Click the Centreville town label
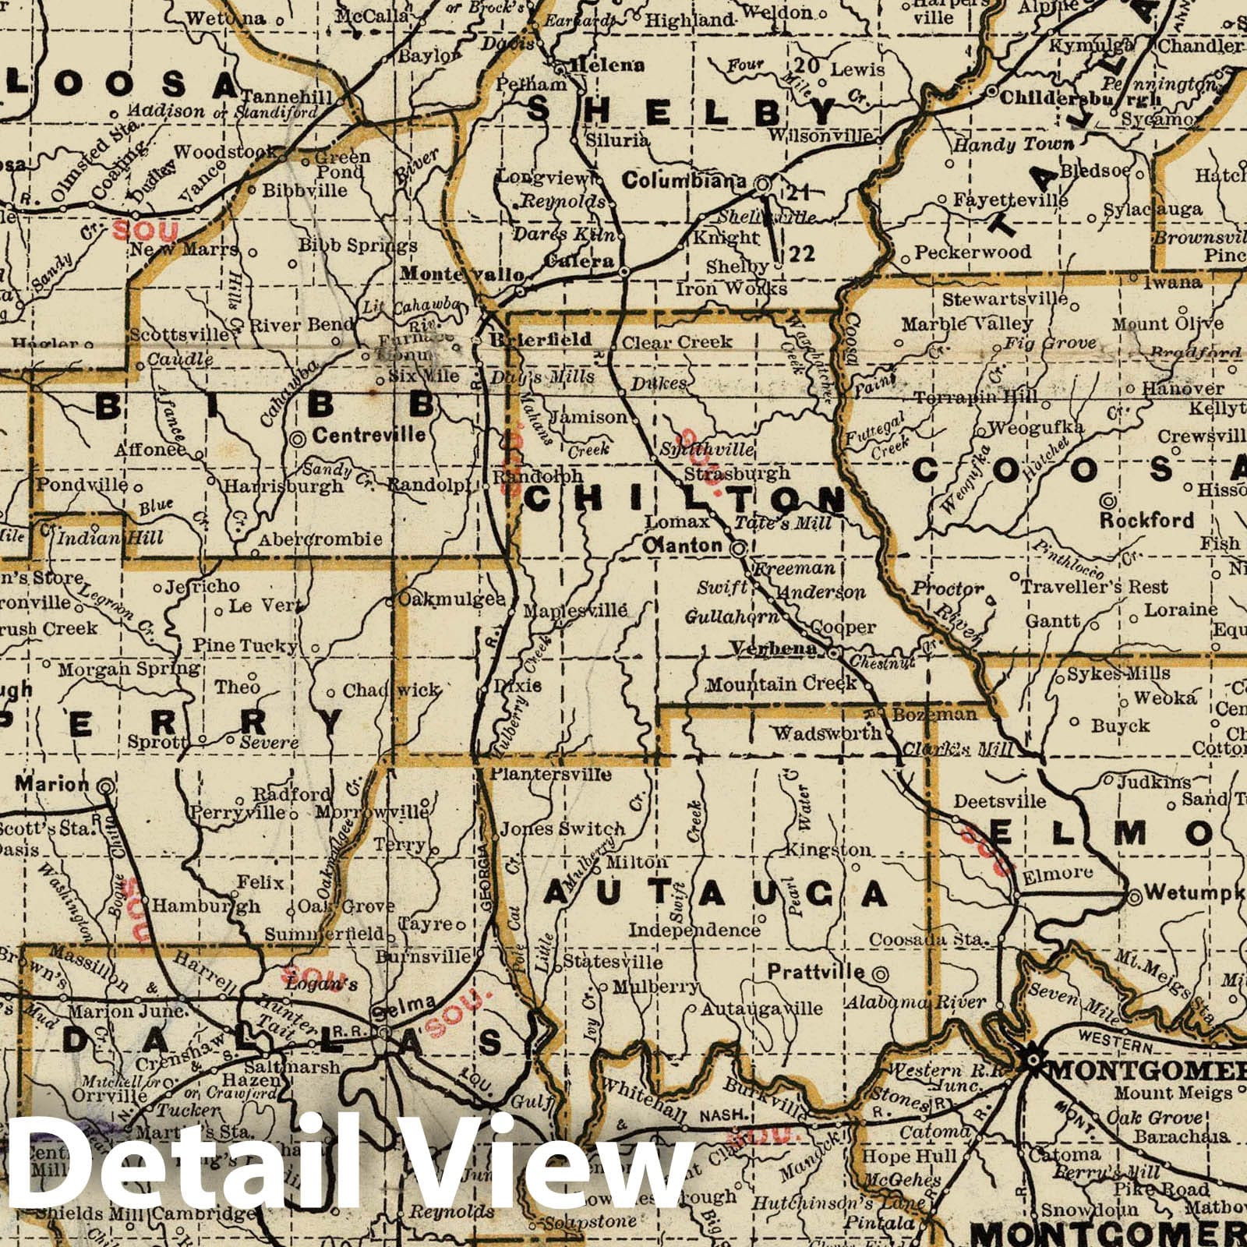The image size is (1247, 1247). point(369,435)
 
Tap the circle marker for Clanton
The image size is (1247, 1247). point(737,549)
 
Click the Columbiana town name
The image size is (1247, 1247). point(685,181)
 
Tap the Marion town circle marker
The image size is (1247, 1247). point(105,788)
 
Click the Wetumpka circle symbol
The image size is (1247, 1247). point(1136,896)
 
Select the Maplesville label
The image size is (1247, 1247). point(574,611)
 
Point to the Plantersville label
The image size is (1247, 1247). point(550,774)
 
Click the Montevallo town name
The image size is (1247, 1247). point(462,274)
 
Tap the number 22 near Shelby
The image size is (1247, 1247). point(802,253)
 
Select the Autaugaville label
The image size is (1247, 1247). point(762,1009)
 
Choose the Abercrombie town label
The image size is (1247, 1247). point(320,539)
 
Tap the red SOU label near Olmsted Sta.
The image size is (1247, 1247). point(146,230)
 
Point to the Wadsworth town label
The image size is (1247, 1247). point(827,733)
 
